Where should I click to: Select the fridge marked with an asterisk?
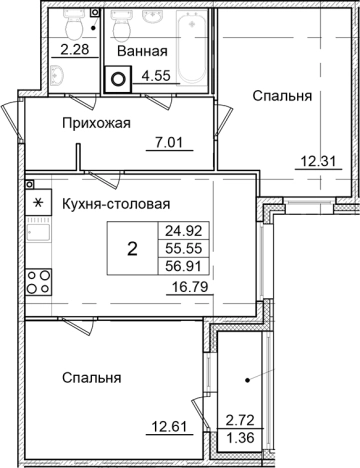coord(39,204)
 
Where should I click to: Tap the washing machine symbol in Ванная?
coord(119,78)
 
